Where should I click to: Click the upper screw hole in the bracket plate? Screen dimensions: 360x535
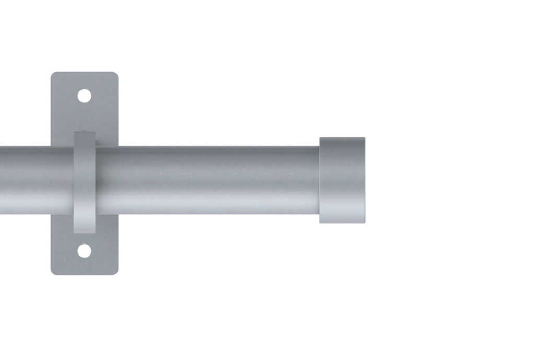pos(84,96)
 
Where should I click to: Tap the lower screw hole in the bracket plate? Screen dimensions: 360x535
pos(84,251)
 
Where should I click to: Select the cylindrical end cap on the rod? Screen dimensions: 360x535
pos(342,180)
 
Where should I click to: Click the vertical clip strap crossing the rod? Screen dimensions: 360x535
pos(84,180)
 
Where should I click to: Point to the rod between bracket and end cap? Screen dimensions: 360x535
pos(209,180)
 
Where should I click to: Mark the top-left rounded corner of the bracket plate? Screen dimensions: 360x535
pos(53,74)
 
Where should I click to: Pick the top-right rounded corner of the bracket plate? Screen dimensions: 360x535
pos(116,74)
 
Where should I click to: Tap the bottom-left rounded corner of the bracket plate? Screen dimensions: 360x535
pos(53,272)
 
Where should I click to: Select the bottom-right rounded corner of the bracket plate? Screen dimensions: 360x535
pos(116,272)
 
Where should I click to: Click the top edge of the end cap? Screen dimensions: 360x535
pos(342,138)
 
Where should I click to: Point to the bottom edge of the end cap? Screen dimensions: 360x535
pos(342,223)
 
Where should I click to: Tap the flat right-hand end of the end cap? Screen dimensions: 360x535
pos(364,180)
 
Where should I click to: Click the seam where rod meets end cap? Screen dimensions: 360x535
pos(319,180)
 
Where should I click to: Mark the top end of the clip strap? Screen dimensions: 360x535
pos(84,133)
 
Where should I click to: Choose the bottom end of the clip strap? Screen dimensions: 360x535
pos(84,231)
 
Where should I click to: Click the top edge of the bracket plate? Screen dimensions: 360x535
pos(84,72)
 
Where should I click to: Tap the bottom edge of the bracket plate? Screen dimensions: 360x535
pos(84,274)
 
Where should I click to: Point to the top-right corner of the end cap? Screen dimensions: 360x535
pos(364,138)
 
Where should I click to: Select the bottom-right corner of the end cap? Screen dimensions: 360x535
pos(364,222)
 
